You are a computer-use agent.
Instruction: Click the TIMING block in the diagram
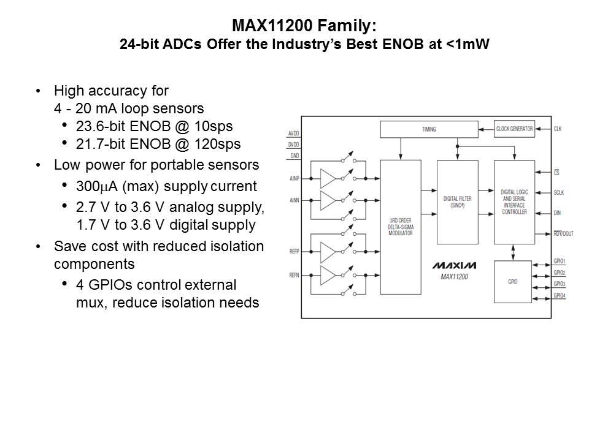click(428, 129)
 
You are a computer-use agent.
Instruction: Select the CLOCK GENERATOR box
click(514, 129)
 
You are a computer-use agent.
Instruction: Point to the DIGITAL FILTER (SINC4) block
click(456, 202)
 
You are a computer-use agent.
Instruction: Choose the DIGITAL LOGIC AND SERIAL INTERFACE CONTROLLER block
click(514, 202)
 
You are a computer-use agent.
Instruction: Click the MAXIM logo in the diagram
click(454, 266)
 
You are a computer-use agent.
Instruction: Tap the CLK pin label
click(557, 129)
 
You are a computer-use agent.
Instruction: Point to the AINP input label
click(295, 178)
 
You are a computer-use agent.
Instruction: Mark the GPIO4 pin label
click(559, 295)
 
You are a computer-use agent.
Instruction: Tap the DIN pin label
click(557, 213)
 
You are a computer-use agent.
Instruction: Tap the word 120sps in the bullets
click(218, 145)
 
